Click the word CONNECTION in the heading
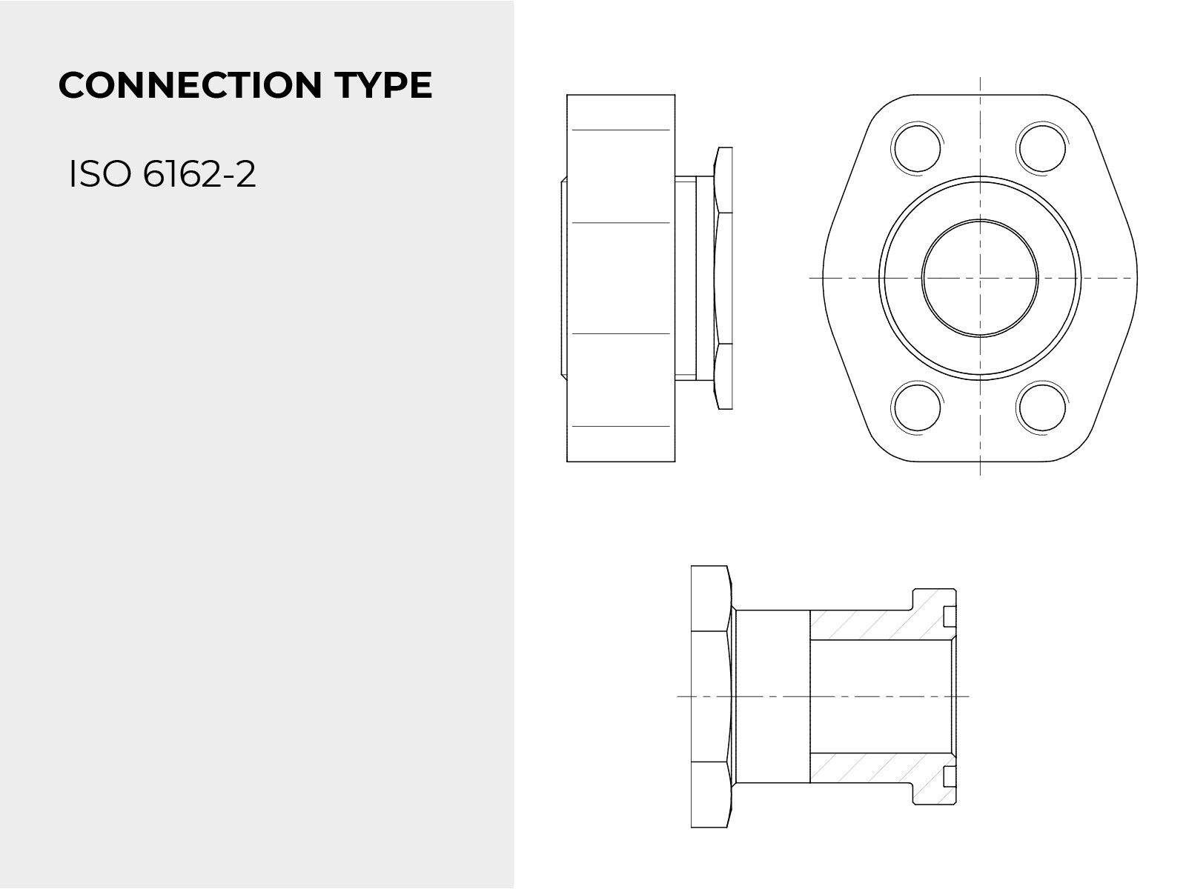pos(191,85)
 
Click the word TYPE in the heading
pos(383,85)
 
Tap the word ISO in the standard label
pos(101,174)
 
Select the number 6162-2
pos(199,174)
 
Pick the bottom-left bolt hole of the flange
pos(916,407)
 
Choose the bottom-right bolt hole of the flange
pos(1041,407)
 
